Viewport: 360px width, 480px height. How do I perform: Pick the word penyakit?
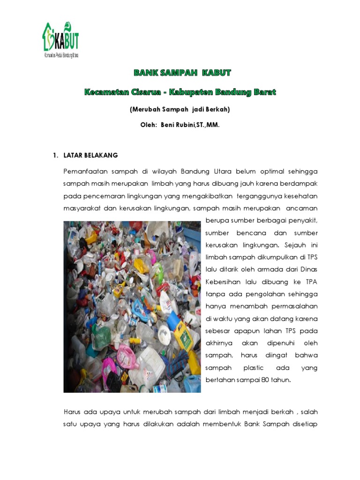pyautogui.click(x=302, y=220)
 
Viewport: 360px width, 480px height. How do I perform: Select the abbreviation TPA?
pyautogui.click(x=311, y=282)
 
